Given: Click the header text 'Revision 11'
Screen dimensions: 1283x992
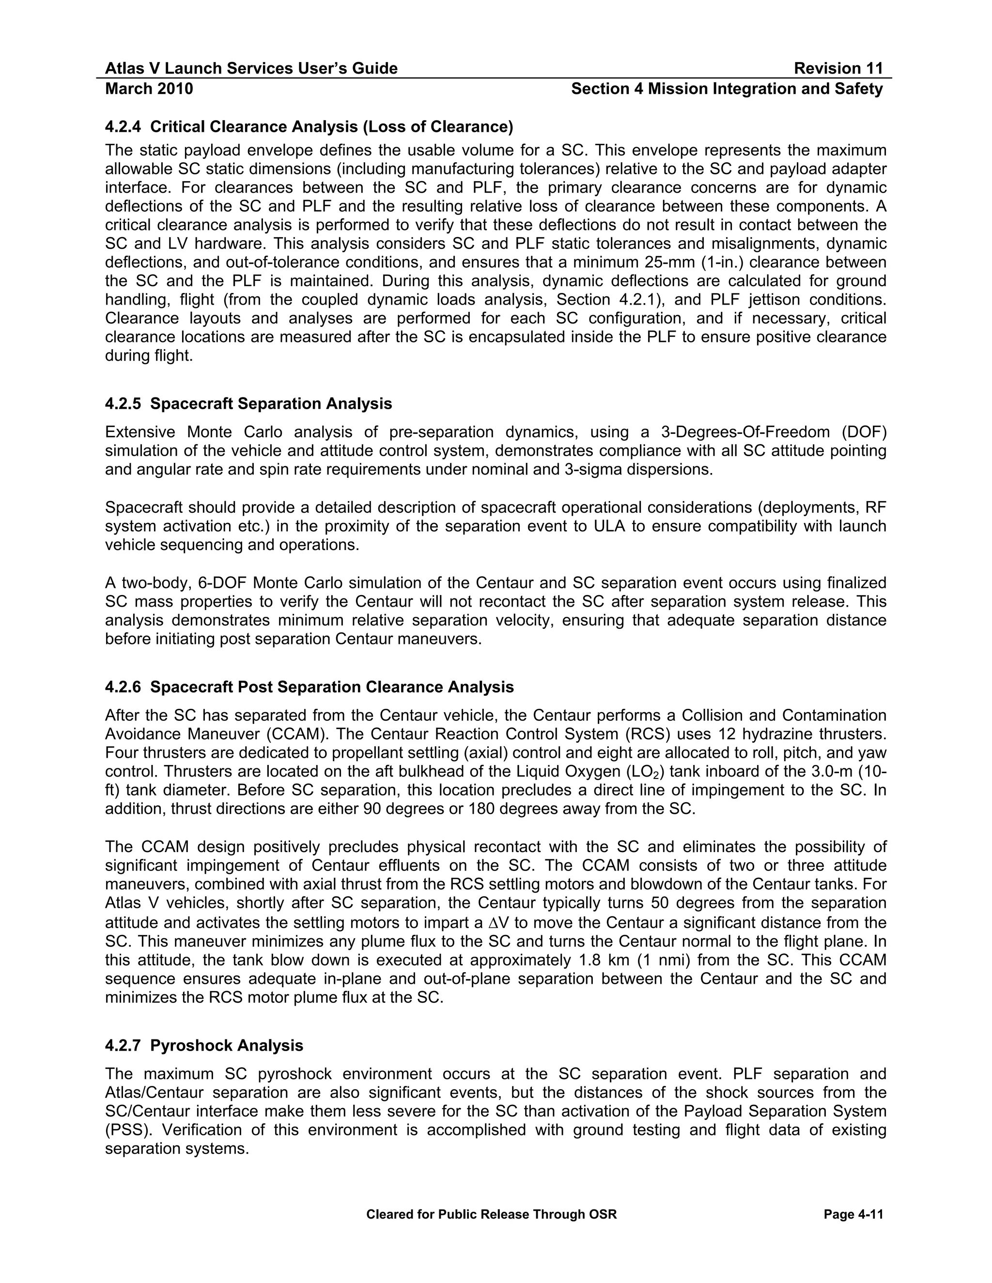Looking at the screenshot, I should [x=838, y=69].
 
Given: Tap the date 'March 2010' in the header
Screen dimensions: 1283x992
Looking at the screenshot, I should [x=149, y=89].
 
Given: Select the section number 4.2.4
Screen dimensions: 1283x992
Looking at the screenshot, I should [x=123, y=127].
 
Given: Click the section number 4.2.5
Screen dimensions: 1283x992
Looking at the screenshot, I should [x=123, y=404].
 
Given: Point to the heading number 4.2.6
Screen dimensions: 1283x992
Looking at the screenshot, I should [x=123, y=687].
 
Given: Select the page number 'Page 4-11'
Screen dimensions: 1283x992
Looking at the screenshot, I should [x=853, y=1215].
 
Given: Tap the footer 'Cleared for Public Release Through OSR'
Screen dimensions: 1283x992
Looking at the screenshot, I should [x=491, y=1215].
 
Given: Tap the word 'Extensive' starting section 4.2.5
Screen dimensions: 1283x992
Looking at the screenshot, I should [x=140, y=432].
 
